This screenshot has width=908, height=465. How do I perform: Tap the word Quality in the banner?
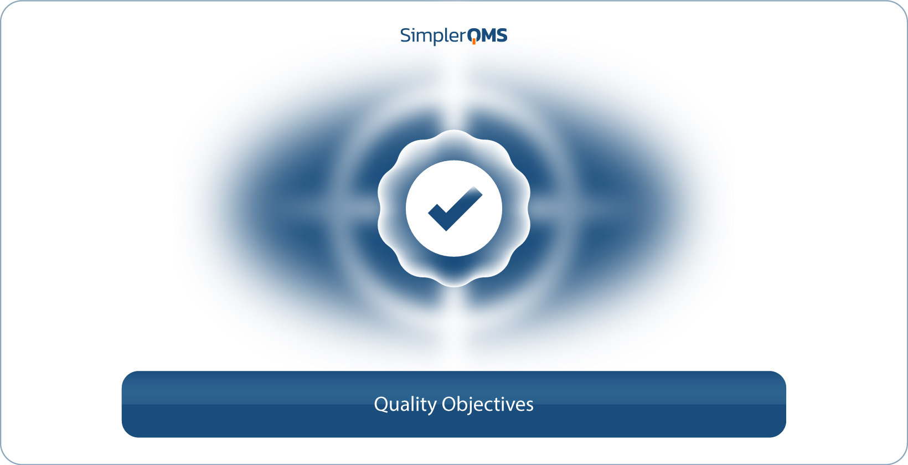click(405, 405)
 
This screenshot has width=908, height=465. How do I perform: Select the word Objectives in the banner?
click(488, 405)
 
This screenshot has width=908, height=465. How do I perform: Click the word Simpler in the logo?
click(433, 36)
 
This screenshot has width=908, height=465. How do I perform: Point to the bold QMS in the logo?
click(487, 35)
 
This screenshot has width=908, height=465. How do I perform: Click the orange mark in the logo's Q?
click(474, 42)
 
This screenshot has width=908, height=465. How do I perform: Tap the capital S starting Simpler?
click(406, 35)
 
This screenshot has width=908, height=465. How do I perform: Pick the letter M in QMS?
click(488, 35)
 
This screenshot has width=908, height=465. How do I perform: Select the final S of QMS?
click(502, 35)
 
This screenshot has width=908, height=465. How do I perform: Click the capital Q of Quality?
click(381, 404)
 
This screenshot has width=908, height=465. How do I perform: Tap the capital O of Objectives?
click(449, 404)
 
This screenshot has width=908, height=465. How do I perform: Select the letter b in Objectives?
click(464, 404)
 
